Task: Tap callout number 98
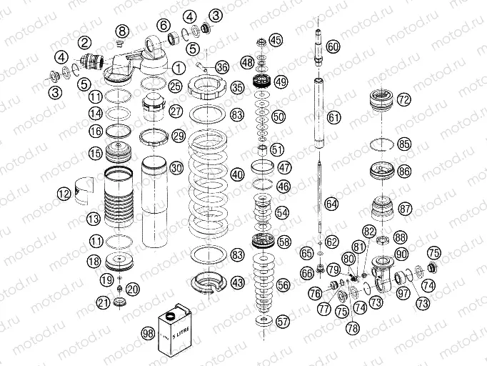tap(148, 333)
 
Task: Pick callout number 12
tap(65, 192)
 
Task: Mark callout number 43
tap(238, 283)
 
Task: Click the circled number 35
tap(238, 87)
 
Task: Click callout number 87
tap(405, 209)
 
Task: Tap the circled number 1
tap(178, 66)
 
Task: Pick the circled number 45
tap(276, 39)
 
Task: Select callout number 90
tap(401, 254)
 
